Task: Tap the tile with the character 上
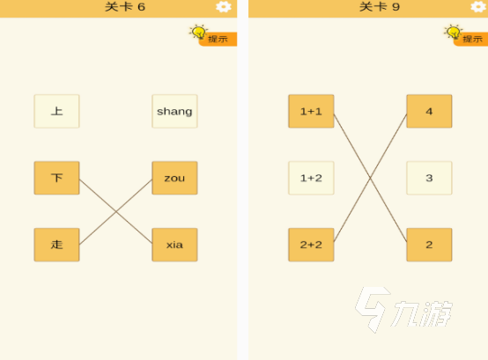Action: [x=56, y=111]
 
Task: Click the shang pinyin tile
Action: [x=174, y=111]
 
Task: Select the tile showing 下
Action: [x=56, y=178]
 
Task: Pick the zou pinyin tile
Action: [x=174, y=178]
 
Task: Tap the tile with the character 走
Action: [x=56, y=245]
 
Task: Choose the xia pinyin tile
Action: [x=174, y=245]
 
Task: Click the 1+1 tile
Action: [x=311, y=111]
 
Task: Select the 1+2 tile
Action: [x=311, y=178]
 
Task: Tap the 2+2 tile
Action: [x=311, y=245]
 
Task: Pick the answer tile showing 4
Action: [x=429, y=111]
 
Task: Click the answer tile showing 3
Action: [x=429, y=178]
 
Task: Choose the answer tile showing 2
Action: [x=429, y=245]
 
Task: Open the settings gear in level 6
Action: [x=224, y=6]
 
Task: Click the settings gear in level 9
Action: [x=478, y=6]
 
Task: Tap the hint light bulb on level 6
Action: [x=198, y=32]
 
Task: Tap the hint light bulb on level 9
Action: [x=453, y=32]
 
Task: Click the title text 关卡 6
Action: [x=125, y=7]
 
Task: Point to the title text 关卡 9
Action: [x=380, y=7]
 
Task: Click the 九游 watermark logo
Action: [x=403, y=310]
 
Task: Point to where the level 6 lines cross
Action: [x=115, y=211]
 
